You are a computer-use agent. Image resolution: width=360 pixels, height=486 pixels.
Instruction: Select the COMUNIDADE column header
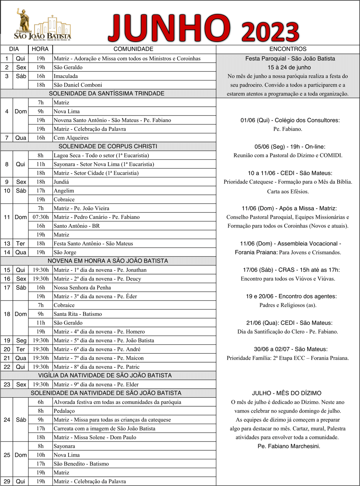[x=134, y=49]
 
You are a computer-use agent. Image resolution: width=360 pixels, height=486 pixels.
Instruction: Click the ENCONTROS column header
[x=288, y=49]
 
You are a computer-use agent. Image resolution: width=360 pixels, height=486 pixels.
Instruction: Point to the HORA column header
[x=40, y=49]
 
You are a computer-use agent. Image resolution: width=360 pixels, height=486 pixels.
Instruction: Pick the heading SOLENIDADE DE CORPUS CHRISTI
[x=108, y=147]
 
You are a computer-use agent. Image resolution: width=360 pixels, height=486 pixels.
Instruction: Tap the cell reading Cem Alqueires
[x=71, y=138]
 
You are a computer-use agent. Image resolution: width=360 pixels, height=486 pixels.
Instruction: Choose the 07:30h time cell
[x=40, y=217]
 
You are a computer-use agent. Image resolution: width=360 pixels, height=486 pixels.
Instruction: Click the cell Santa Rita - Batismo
[x=77, y=314]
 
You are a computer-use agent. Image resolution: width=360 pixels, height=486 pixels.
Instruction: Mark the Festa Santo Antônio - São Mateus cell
[x=93, y=244]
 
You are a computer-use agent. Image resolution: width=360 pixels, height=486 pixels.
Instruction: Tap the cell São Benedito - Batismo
[x=81, y=464]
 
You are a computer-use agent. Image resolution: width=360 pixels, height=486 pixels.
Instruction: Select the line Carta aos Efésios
[x=288, y=192]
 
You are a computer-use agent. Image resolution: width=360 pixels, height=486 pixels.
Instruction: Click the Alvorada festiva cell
[x=117, y=402]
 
